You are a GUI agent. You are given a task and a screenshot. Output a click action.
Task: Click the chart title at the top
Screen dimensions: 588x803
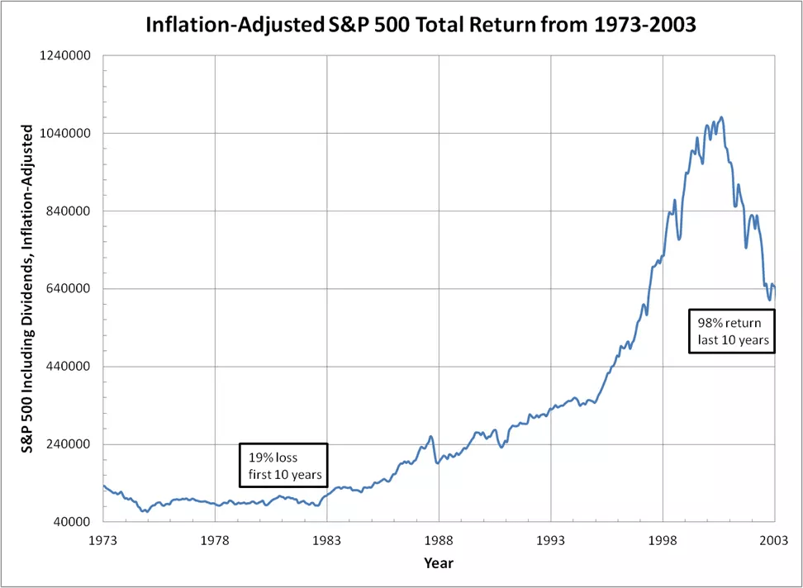click(421, 25)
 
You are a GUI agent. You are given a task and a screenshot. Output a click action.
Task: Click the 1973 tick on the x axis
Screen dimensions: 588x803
click(102, 538)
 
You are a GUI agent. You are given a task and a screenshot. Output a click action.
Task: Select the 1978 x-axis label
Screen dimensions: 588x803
click(215, 538)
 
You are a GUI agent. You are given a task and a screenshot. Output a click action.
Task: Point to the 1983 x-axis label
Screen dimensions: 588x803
click(327, 538)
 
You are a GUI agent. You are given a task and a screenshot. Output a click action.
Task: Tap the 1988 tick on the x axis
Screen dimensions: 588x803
click(439, 538)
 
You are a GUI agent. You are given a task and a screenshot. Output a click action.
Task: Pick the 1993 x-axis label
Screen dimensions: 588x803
click(551, 538)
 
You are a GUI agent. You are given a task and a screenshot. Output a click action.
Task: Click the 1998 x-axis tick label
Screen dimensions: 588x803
click(663, 538)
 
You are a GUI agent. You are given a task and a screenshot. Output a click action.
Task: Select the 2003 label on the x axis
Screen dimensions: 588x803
click(774, 538)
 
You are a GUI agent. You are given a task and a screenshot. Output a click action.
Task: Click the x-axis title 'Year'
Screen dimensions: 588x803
click(438, 563)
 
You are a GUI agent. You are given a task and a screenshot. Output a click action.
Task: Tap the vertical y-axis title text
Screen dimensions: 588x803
click(26, 289)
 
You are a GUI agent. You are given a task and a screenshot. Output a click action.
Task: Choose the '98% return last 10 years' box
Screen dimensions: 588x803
click(731, 331)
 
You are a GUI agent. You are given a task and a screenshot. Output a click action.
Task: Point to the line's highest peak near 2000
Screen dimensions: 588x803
click(721, 117)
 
